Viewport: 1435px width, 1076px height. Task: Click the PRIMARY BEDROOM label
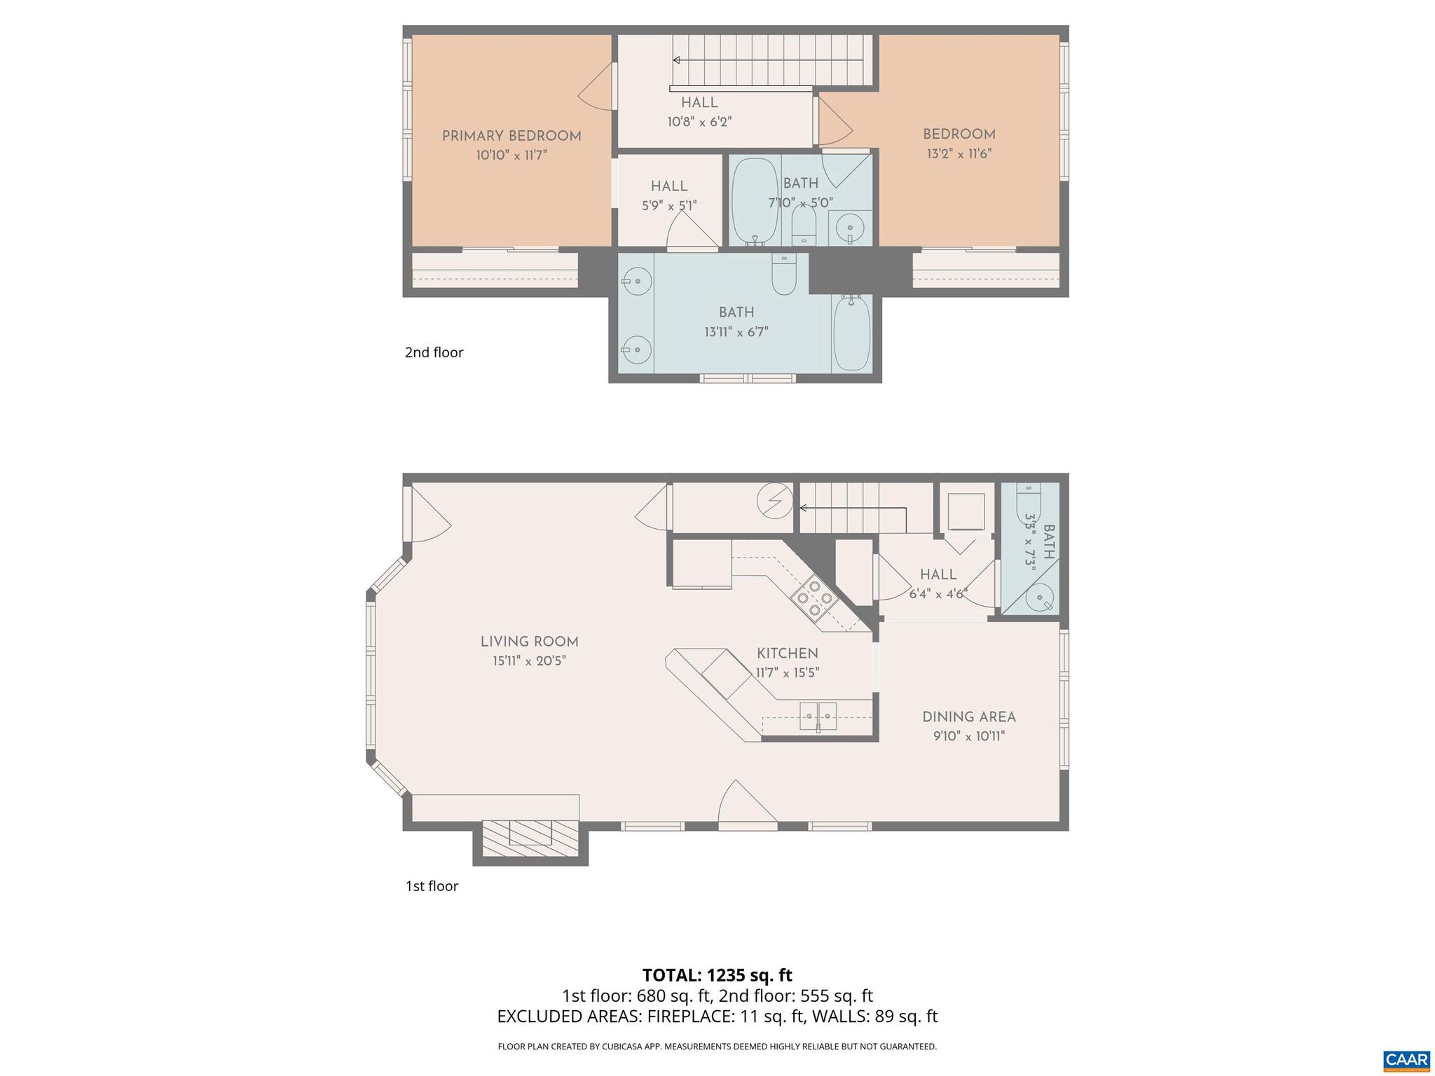[x=511, y=137]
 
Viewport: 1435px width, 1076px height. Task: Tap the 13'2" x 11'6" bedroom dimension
[x=959, y=154]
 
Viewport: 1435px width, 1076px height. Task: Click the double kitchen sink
[x=818, y=716]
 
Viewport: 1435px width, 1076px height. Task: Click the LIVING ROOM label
[x=529, y=642]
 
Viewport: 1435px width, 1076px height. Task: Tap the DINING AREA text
[x=968, y=717]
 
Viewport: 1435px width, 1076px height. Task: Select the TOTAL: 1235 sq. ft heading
[x=717, y=975]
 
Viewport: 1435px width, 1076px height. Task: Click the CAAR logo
[x=1406, y=1060]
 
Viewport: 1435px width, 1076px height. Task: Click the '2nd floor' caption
[x=434, y=352]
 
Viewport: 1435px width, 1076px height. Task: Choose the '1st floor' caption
[x=432, y=886]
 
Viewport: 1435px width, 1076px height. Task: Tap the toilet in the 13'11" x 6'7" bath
[x=783, y=275]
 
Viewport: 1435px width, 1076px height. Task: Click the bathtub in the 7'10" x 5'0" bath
[x=755, y=200]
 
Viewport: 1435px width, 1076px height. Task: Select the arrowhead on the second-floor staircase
[x=676, y=61]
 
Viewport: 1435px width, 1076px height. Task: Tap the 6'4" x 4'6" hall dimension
[x=938, y=594]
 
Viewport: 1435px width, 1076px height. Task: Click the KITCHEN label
[x=787, y=654]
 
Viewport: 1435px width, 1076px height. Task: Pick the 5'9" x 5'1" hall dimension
[x=669, y=206]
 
